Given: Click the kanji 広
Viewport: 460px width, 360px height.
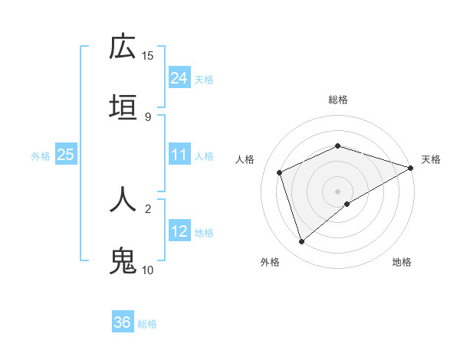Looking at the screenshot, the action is tap(123, 47).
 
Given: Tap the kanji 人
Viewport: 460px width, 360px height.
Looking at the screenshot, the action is tap(123, 198).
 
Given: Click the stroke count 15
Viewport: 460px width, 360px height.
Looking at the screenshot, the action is tap(148, 56).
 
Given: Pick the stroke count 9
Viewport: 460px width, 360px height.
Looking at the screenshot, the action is tap(148, 116).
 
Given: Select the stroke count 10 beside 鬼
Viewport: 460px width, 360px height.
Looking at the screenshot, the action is tap(148, 270).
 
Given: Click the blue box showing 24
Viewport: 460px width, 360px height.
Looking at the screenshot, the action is tap(179, 78).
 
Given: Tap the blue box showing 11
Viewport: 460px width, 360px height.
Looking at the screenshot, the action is tap(179, 155).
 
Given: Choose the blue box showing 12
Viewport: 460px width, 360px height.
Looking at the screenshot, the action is tap(179, 231).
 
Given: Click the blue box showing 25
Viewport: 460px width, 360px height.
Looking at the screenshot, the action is tap(65, 155).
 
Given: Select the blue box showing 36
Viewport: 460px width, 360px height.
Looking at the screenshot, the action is tap(122, 322).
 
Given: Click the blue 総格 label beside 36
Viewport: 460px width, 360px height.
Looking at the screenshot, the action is tap(147, 324).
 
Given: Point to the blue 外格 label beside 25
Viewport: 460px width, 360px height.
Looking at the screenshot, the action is tap(41, 156).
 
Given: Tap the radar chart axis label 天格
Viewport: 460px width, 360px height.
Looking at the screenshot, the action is tap(431, 159).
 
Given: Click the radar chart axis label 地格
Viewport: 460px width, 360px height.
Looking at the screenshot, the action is tap(402, 262).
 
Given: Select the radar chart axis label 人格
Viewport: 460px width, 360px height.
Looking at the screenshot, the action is tap(245, 159).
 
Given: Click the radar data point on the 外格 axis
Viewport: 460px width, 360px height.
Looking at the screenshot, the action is tap(301, 242).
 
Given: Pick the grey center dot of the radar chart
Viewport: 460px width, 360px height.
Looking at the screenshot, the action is tap(337, 191).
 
